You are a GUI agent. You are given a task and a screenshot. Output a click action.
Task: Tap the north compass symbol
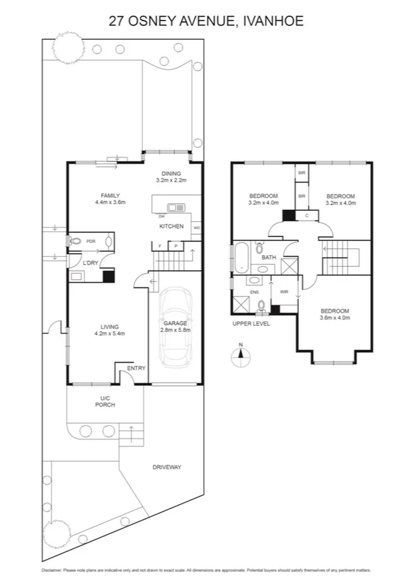(240, 353)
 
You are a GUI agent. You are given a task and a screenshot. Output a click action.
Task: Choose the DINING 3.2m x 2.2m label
(171, 177)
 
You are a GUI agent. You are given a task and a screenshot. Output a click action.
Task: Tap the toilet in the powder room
(75, 241)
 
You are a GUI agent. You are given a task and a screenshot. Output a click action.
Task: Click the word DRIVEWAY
(167, 467)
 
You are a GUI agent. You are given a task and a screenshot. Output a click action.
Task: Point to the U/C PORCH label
(105, 401)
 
